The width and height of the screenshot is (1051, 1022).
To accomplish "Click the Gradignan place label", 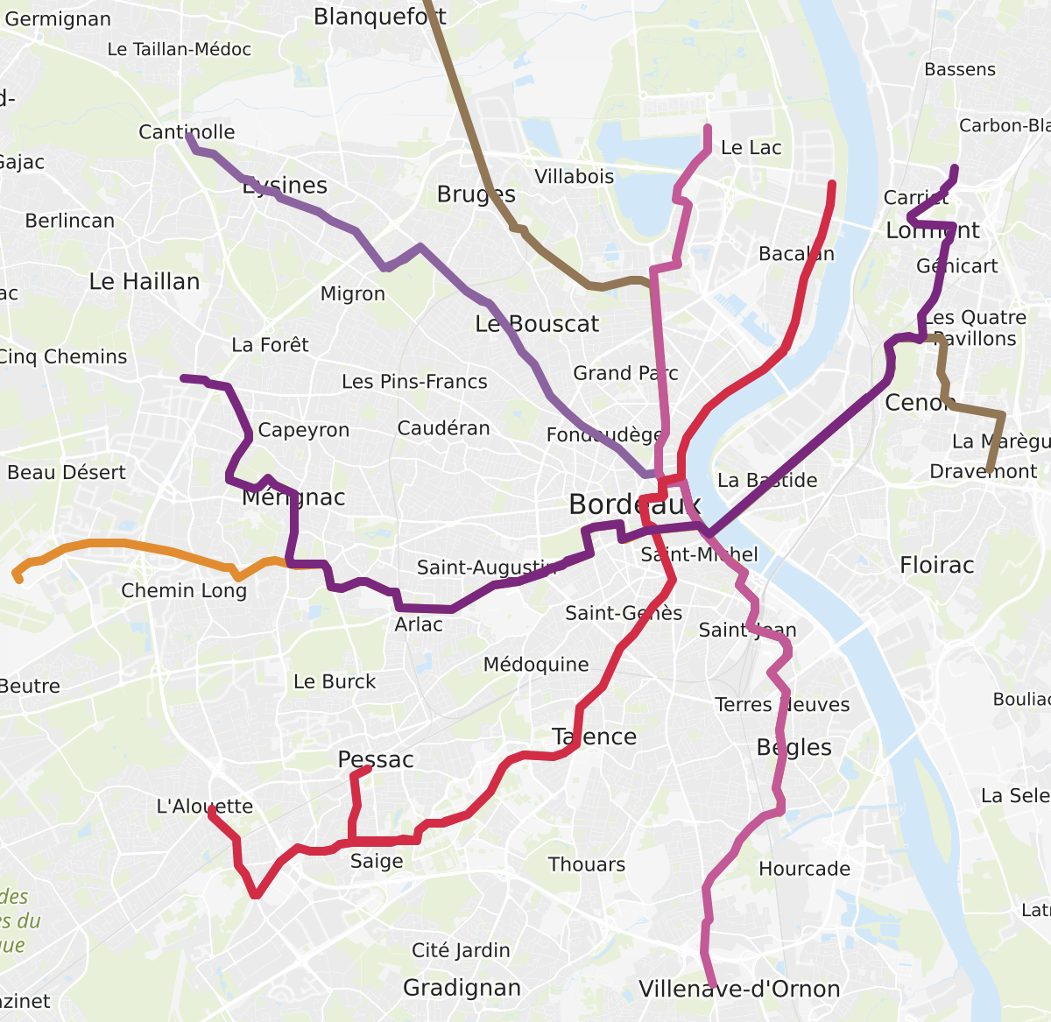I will pos(462,988).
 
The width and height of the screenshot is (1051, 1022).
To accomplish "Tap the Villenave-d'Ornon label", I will pos(739,989).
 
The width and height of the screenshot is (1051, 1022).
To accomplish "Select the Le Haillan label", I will pos(145,281).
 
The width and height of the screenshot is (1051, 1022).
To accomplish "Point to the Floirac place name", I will pos(936,565).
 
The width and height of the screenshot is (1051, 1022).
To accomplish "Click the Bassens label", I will pos(960,69).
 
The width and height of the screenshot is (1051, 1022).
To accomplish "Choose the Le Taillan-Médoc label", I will pos(179,50).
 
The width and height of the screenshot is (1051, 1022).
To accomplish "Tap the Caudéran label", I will pos(443,428).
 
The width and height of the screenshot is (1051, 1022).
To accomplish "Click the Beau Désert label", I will pos(67,473).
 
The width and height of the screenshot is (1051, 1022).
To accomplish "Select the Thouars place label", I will pos(587,864).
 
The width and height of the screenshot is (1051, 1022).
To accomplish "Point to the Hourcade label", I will pos(804,869).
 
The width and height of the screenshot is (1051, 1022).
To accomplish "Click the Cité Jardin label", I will pos(461,950).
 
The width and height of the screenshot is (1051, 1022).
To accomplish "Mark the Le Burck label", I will pos(335,681).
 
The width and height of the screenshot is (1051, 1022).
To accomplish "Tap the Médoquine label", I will pos(536,665).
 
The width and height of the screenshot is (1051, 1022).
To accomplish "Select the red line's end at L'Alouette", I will pos(211,810).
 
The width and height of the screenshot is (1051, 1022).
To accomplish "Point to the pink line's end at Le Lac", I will pos(708,129).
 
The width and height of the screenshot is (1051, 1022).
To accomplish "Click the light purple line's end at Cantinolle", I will pos(189,135).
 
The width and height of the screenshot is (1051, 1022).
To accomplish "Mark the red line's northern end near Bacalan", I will pos(832,184).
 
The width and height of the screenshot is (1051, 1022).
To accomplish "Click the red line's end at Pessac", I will pos(368,769).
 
